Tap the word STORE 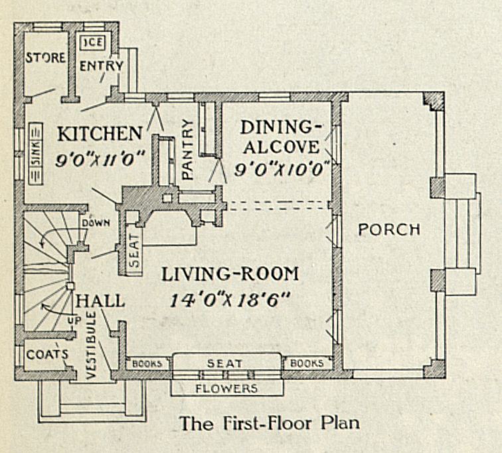[46, 58]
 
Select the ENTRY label [102, 66]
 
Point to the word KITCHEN [99, 133]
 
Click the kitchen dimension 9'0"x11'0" [102, 157]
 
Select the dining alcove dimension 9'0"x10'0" [282, 168]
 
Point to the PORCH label [389, 229]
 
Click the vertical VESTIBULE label [92, 344]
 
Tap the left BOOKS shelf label [147, 363]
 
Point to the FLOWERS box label [226, 388]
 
